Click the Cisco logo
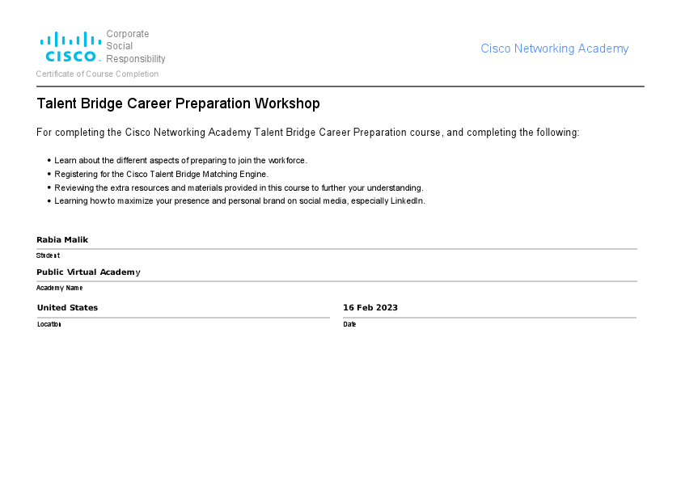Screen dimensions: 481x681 [x=70, y=47]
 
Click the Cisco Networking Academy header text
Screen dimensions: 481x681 [x=554, y=49]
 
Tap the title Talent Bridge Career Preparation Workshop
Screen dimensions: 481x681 [x=178, y=103]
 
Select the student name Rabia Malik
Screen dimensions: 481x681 [x=62, y=239]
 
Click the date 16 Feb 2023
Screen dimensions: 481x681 [x=370, y=307]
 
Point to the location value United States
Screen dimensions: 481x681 [x=67, y=307]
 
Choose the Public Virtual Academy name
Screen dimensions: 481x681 [x=88, y=272]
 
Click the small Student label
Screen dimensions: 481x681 [x=48, y=255]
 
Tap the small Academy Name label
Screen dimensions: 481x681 [x=59, y=288]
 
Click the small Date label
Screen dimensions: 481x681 [x=349, y=324]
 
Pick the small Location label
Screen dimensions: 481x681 [x=49, y=324]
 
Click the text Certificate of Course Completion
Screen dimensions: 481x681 [x=97, y=74]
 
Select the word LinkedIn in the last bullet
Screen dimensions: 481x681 [x=407, y=200]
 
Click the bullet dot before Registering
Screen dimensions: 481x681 [x=49, y=174]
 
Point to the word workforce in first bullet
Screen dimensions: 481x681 [x=286, y=160]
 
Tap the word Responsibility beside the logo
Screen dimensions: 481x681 [x=136, y=59]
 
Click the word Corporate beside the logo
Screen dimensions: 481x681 [x=128, y=34]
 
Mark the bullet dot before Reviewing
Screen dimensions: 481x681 [x=49, y=188]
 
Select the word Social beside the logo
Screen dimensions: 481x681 [x=120, y=46]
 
